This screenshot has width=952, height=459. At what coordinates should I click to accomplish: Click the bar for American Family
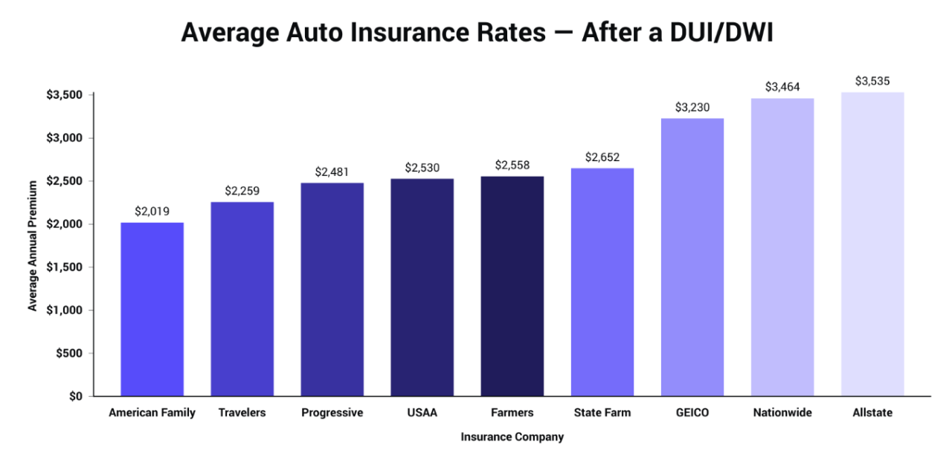(x=152, y=309)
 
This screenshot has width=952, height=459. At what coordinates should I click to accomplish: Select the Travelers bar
(x=242, y=299)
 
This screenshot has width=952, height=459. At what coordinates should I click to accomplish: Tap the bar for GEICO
(x=692, y=257)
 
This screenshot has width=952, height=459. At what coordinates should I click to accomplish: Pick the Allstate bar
(x=872, y=244)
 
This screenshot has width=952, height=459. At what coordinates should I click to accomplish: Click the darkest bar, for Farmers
(x=512, y=286)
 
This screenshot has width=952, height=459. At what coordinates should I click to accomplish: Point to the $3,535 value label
(x=872, y=81)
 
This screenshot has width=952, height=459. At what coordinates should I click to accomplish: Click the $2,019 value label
(x=152, y=211)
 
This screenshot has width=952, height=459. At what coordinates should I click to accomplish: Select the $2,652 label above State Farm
(x=602, y=157)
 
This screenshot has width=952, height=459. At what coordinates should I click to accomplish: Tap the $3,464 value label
(x=782, y=87)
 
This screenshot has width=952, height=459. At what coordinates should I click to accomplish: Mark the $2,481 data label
(x=332, y=172)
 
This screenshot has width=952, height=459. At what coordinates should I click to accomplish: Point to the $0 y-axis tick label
(x=77, y=397)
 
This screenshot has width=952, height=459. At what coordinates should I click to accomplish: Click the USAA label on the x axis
(x=422, y=413)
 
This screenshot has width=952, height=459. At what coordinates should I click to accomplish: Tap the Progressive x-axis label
(x=332, y=413)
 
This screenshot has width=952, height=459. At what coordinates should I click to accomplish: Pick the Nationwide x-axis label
(x=782, y=413)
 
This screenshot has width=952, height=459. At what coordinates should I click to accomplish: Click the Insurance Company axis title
(x=512, y=437)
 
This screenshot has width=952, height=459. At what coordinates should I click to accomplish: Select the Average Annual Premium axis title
(x=33, y=245)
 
